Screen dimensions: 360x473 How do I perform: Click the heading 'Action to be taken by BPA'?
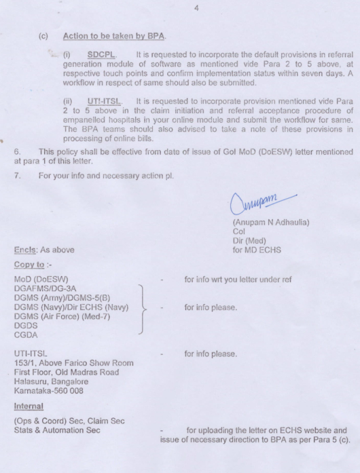[114, 35]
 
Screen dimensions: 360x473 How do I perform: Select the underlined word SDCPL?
[103, 54]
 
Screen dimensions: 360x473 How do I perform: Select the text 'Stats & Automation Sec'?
[57, 430]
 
